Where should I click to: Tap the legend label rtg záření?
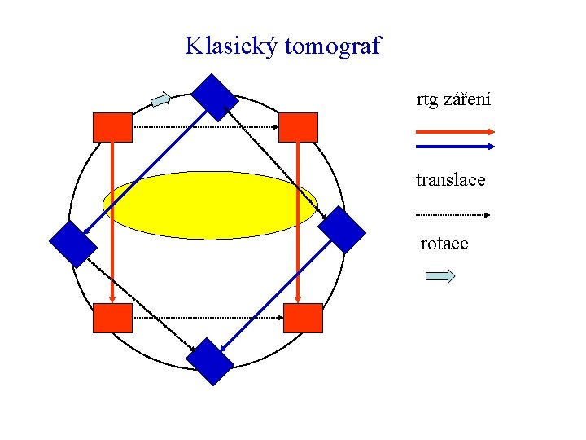pos(453,100)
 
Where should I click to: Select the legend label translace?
pos(450,179)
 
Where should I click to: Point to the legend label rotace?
pos(444,244)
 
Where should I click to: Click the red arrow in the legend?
pos(455,131)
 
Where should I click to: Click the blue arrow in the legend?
pos(455,147)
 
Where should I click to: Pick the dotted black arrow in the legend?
pos(452,215)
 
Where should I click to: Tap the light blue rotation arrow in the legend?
pos(440,276)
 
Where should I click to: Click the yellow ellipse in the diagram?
pos(210,205)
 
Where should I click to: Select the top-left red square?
pos(112,128)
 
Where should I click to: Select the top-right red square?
pos(298,128)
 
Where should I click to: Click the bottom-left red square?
pos(112,318)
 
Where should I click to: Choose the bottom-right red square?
pos(303,318)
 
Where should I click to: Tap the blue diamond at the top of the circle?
pos(215,98)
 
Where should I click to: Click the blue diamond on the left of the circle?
pos(73,244)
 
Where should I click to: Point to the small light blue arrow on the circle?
pos(161,100)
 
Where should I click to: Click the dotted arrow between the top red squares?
pos(205,127)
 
